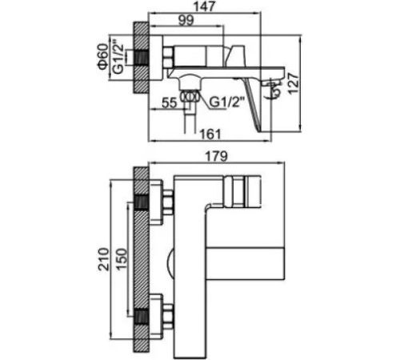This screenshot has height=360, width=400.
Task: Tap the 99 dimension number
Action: [186, 21]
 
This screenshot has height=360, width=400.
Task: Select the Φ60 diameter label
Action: [103, 57]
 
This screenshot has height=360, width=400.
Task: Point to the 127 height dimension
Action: [294, 83]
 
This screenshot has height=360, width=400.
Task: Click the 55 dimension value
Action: [170, 102]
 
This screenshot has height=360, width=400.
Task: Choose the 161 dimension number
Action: [210, 134]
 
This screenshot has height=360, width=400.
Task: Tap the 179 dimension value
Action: [218, 156]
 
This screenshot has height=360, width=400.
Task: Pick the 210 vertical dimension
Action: [104, 259]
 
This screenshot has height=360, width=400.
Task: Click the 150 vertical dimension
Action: [122, 259]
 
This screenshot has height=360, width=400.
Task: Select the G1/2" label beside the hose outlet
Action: [227, 102]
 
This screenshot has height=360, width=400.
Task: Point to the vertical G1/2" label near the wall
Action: [118, 57]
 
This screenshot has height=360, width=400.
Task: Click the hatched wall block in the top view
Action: [141, 58]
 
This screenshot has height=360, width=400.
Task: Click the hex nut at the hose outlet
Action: [190, 96]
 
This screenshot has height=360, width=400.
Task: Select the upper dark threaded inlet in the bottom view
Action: [141, 202]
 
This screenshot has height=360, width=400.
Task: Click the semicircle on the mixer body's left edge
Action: [170, 262]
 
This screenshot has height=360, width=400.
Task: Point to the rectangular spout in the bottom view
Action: [246, 263]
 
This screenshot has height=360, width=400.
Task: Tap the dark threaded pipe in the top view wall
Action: [142, 58]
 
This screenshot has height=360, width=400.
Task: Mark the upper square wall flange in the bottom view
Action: [156, 202]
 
